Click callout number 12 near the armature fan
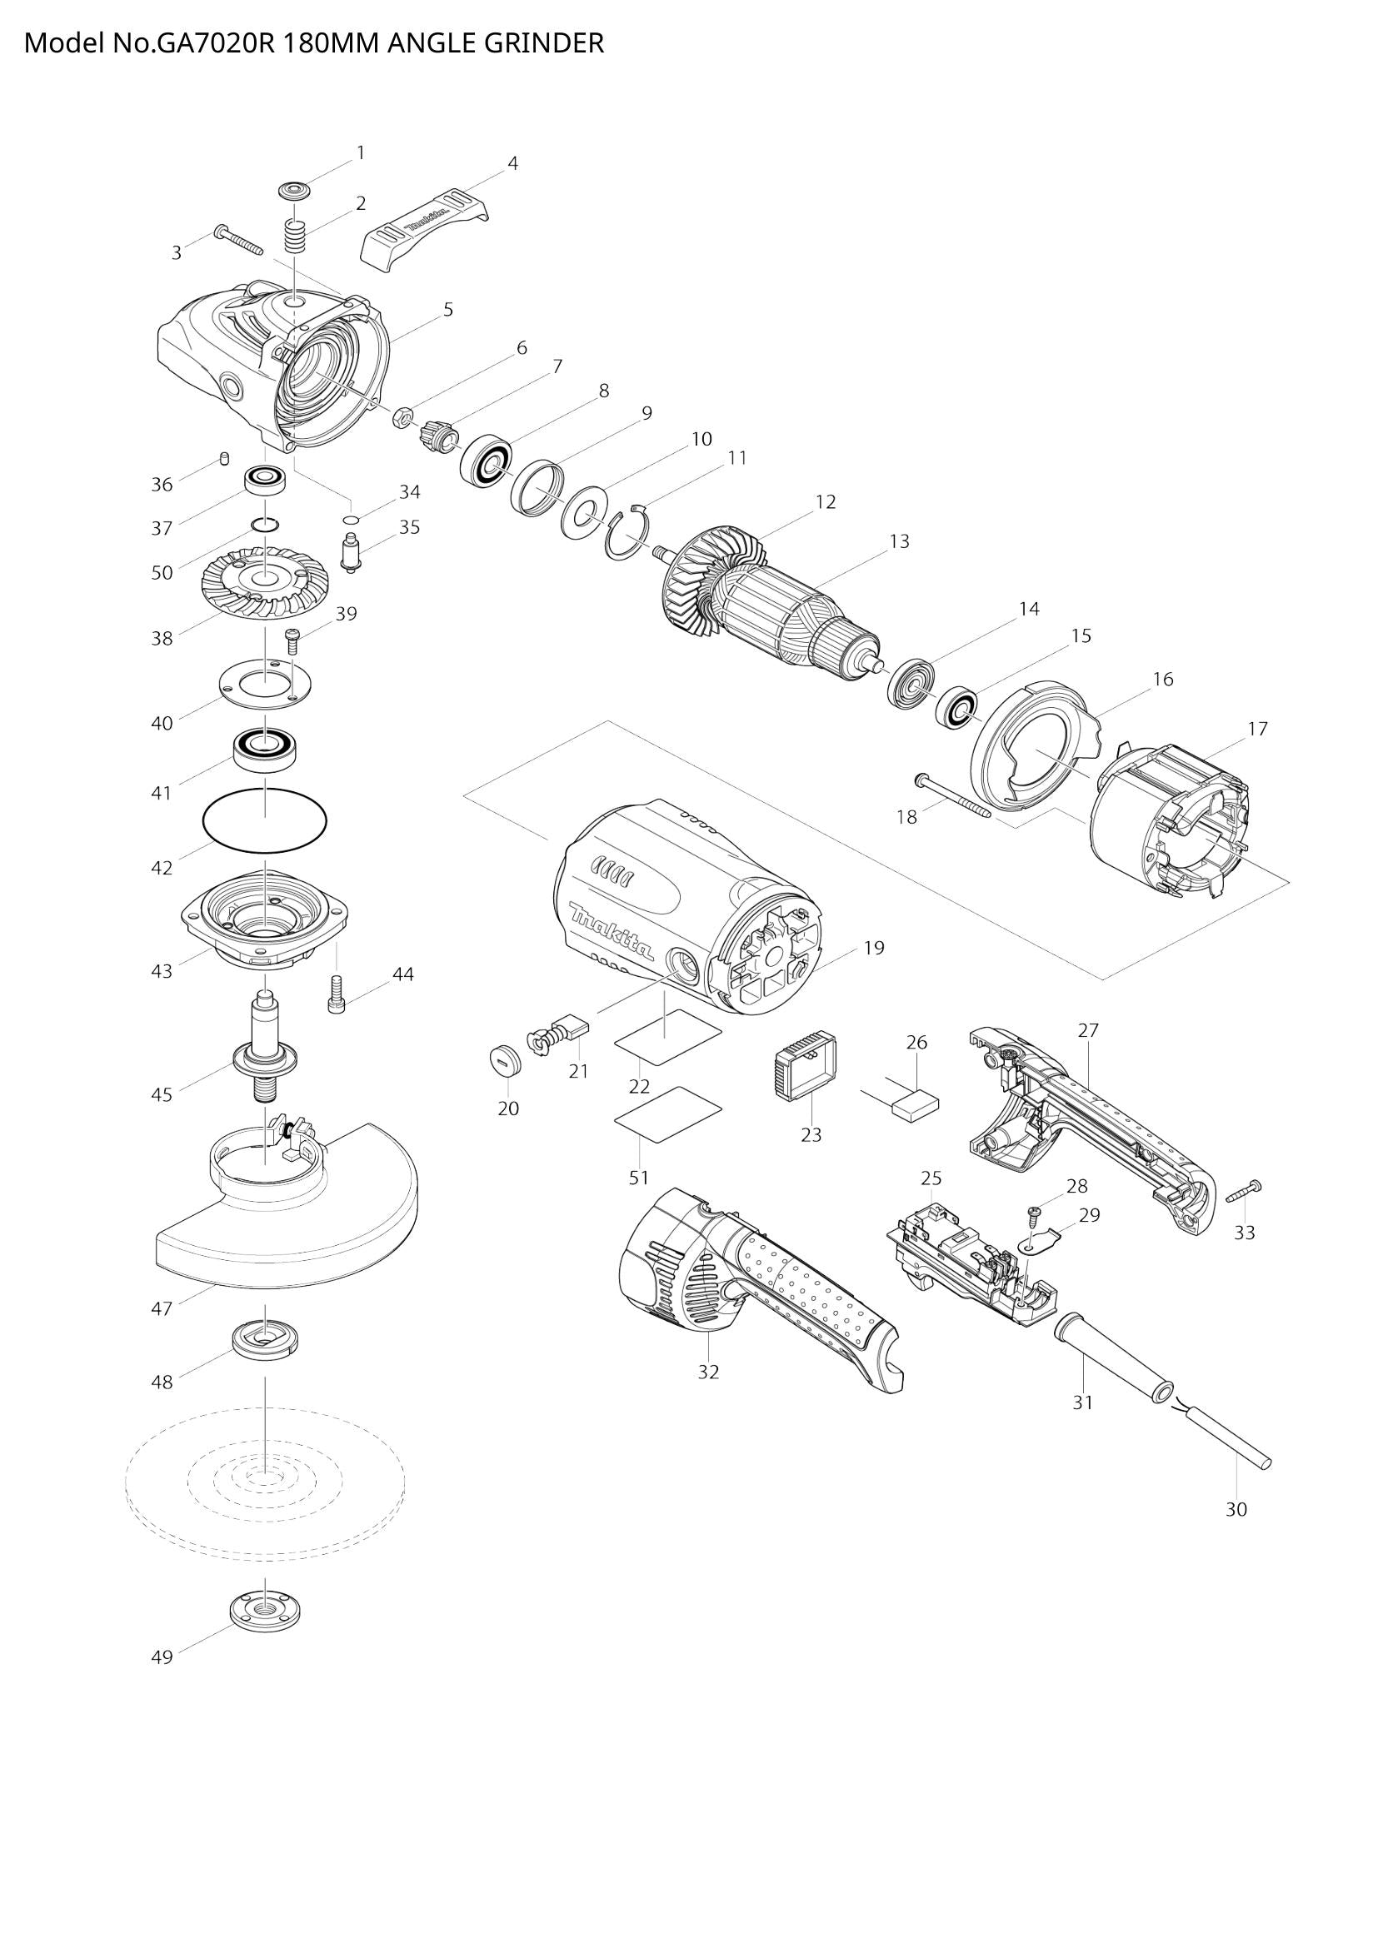coord(826,501)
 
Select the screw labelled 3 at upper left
coord(238,239)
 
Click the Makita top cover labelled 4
coord(425,229)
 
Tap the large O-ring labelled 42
coord(265,820)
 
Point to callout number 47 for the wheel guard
coord(162,1308)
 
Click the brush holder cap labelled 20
coord(505,1060)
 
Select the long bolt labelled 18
coord(953,795)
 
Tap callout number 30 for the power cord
coord(1236,1509)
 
